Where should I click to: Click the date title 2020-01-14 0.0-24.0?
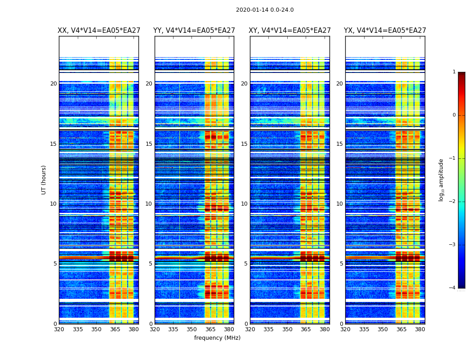pyautogui.click(x=265, y=10)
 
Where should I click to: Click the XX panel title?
pyautogui.click(x=99, y=31)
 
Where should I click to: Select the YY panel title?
pyautogui.click(x=194, y=31)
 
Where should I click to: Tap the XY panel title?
pyautogui.click(x=290, y=31)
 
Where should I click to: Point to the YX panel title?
pyautogui.click(x=385, y=31)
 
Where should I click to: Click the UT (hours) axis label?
pyautogui.click(x=44, y=180)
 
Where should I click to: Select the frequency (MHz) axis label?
pyautogui.click(x=217, y=338)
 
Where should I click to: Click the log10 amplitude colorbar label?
pyautogui.click(x=441, y=180)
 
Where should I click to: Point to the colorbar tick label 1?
pyautogui.click(x=454, y=72)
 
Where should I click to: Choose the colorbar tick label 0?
pyautogui.click(x=454, y=115)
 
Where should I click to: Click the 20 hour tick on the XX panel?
pyautogui.click(x=53, y=84)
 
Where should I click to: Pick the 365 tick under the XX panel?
pyautogui.click(x=115, y=329)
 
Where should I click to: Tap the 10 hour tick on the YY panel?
pyautogui.click(x=149, y=204)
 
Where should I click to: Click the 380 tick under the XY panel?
pyautogui.click(x=325, y=329)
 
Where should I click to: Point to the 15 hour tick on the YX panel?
pyautogui.click(x=340, y=144)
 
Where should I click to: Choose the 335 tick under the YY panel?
pyautogui.click(x=173, y=329)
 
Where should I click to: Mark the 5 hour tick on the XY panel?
pyautogui.click(x=246, y=264)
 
